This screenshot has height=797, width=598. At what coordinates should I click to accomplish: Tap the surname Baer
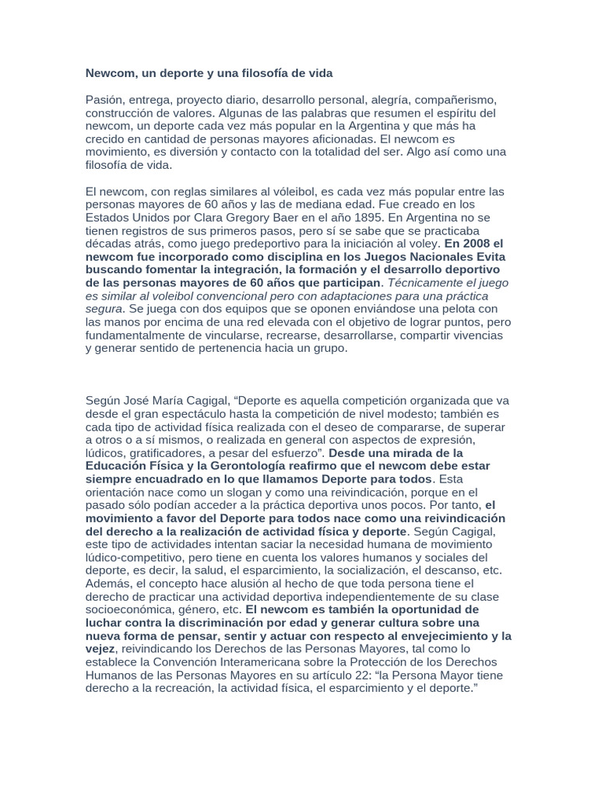click(297, 217)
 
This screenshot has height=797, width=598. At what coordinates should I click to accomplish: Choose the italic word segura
click(104, 309)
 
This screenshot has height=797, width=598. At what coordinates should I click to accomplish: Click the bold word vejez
click(100, 649)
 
